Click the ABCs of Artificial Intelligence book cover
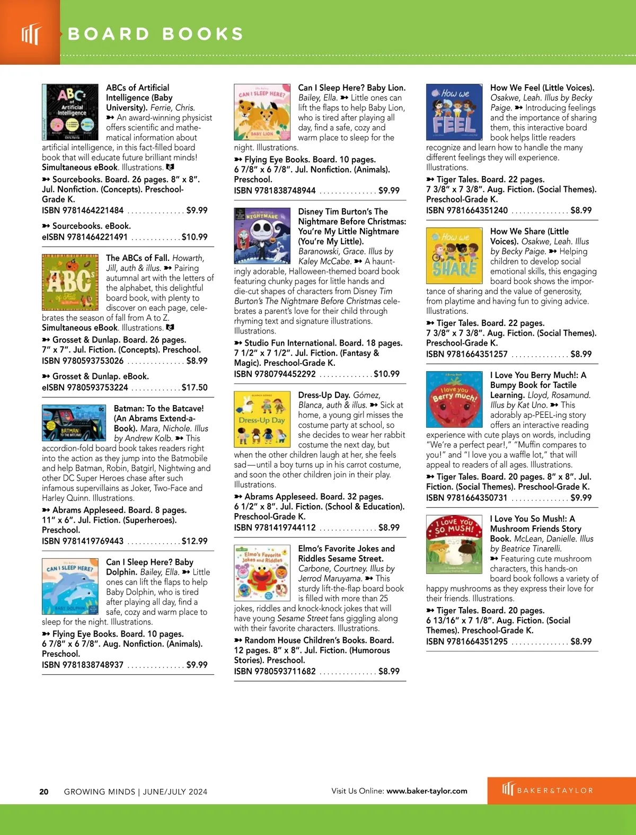click(70, 112)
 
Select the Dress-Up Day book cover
click(262, 419)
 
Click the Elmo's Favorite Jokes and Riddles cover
click(262, 573)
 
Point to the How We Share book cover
click(454, 256)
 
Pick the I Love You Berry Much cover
click(454, 399)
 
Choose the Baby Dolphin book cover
click(70, 586)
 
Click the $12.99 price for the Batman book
click(195, 541)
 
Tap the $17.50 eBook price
click(195, 388)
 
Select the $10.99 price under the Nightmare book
click(386, 374)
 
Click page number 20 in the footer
click(44, 792)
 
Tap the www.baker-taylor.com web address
click(427, 791)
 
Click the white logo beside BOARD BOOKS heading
click(31, 34)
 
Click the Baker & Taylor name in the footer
click(555, 790)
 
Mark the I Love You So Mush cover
click(454, 543)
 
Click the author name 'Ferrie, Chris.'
click(173, 108)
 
